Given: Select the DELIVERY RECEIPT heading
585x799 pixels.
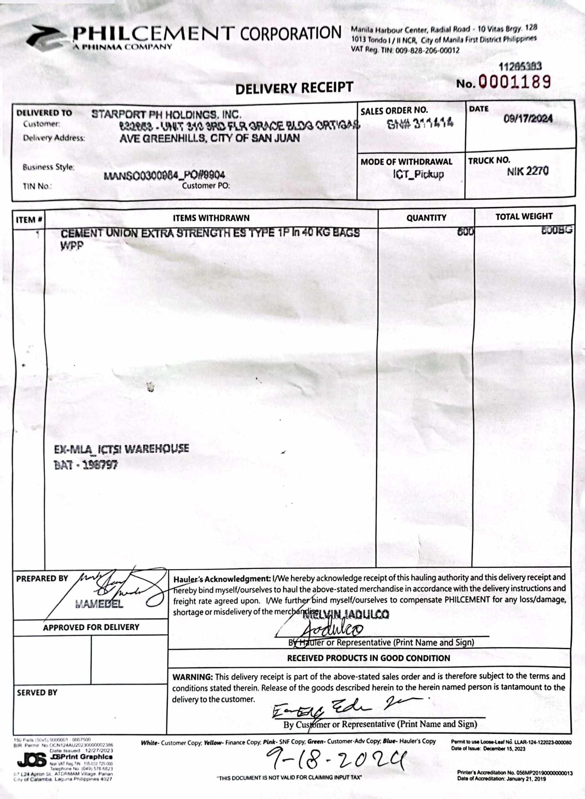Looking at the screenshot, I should pyautogui.click(x=294, y=88).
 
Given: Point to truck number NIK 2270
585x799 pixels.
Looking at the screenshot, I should pyautogui.click(x=528, y=171).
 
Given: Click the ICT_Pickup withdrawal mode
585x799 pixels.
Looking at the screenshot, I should pyautogui.click(x=418, y=174).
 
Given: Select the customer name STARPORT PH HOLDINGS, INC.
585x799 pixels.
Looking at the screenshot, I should pyautogui.click(x=166, y=114).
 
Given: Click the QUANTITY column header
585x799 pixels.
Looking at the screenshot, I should pyautogui.click(x=426, y=218).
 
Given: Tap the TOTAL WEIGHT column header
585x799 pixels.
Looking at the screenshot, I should pyautogui.click(x=524, y=217).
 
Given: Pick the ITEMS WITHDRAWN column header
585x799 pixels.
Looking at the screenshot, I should pyautogui.click(x=211, y=218).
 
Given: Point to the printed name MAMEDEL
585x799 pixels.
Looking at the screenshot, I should pyautogui.click(x=99, y=604).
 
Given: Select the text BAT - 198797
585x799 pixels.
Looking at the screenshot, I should pyautogui.click(x=86, y=465).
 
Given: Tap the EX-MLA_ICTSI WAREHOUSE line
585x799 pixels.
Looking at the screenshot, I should pyautogui.click(x=121, y=449).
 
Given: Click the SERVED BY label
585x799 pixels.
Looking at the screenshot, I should pyautogui.click(x=37, y=692).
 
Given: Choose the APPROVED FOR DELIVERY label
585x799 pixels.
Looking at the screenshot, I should pyautogui.click(x=91, y=627).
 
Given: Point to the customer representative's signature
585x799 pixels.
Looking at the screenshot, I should pyautogui.click(x=343, y=707).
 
